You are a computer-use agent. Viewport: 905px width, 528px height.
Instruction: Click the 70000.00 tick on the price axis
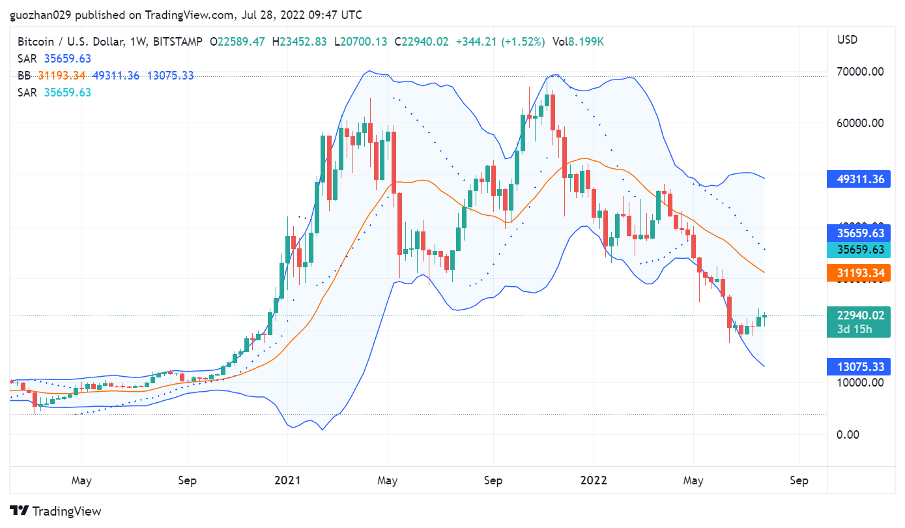[860, 71]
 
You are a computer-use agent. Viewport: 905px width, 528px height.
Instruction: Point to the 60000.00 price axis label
[860, 123]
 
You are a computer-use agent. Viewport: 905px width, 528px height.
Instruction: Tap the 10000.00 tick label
[860, 382]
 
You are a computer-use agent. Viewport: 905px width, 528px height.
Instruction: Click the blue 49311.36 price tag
[860, 179]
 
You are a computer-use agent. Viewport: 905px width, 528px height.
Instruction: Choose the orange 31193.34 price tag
[860, 272]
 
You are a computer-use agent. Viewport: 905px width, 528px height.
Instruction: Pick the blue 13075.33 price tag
[860, 366]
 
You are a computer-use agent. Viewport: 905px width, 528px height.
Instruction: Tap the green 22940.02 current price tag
[860, 315]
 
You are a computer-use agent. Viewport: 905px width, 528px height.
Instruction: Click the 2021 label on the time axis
[287, 480]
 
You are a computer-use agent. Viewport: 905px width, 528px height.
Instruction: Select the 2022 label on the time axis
[594, 480]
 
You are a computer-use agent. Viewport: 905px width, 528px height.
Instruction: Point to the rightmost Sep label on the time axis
[799, 480]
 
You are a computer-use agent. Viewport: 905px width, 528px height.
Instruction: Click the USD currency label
[847, 40]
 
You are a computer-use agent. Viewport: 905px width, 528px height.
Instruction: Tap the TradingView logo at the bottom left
[55, 511]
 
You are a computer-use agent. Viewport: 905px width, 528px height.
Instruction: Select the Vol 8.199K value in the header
[579, 42]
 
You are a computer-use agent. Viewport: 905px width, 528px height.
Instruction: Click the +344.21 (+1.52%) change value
[500, 42]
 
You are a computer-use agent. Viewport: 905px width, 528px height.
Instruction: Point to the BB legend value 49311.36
[116, 76]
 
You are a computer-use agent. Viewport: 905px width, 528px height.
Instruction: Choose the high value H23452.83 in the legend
[300, 42]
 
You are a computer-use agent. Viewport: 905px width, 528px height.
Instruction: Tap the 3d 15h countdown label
[855, 329]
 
